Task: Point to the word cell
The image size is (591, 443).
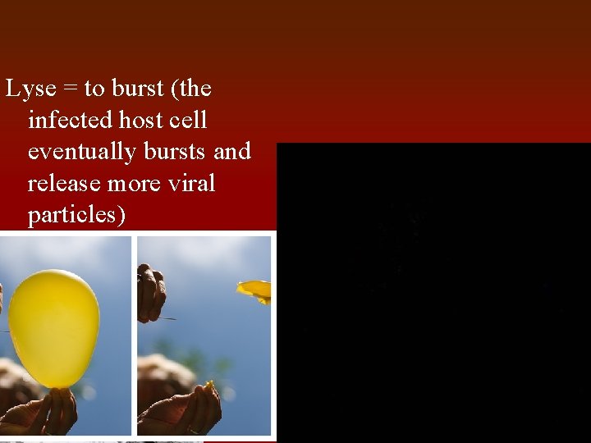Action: pos(188,120)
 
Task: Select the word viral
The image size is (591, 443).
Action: pos(186,183)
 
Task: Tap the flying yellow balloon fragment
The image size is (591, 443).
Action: pos(255,289)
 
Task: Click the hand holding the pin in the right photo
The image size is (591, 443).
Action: pos(151,292)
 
